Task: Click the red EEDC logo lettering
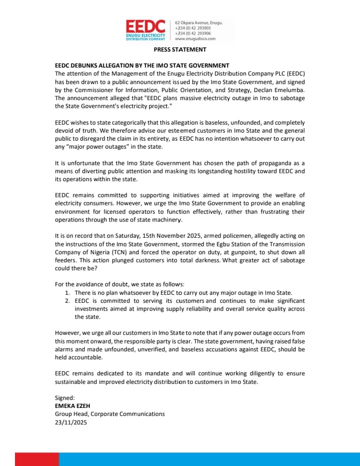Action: click(145, 26)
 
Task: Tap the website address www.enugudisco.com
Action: click(195, 39)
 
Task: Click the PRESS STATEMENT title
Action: click(179, 50)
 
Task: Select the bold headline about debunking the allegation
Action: click(142, 66)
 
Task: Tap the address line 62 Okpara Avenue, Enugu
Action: click(199, 23)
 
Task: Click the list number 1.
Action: click(67, 292)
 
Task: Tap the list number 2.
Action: click(67, 301)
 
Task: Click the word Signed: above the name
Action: click(65, 398)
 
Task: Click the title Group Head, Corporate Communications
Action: click(109, 414)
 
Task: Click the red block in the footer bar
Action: click(36, 459)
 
